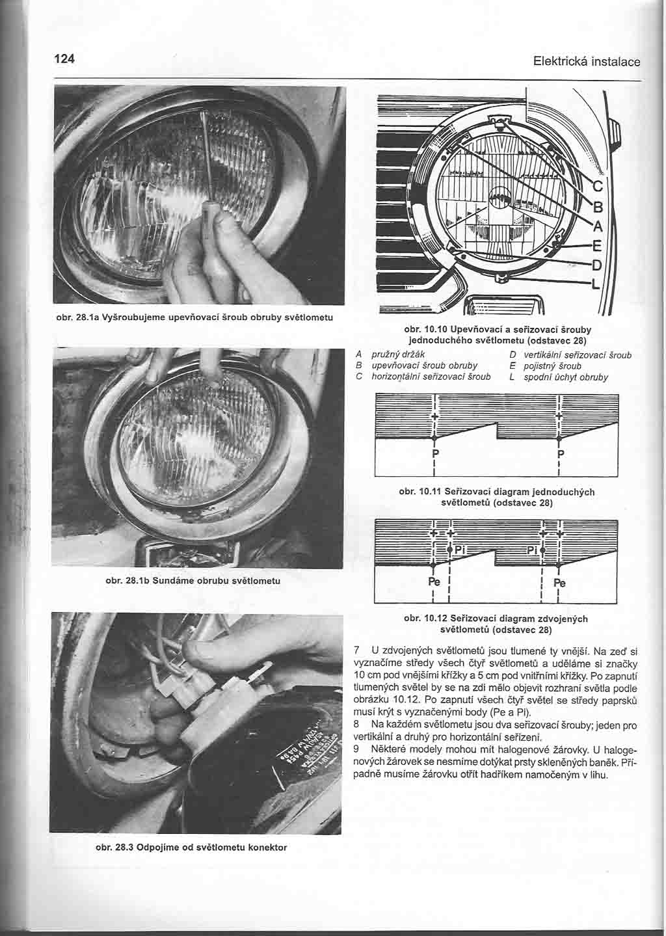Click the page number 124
pos(65,59)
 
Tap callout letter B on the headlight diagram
pos(599,208)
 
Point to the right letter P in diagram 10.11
pos(560,453)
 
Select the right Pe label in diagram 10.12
pos(559,583)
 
